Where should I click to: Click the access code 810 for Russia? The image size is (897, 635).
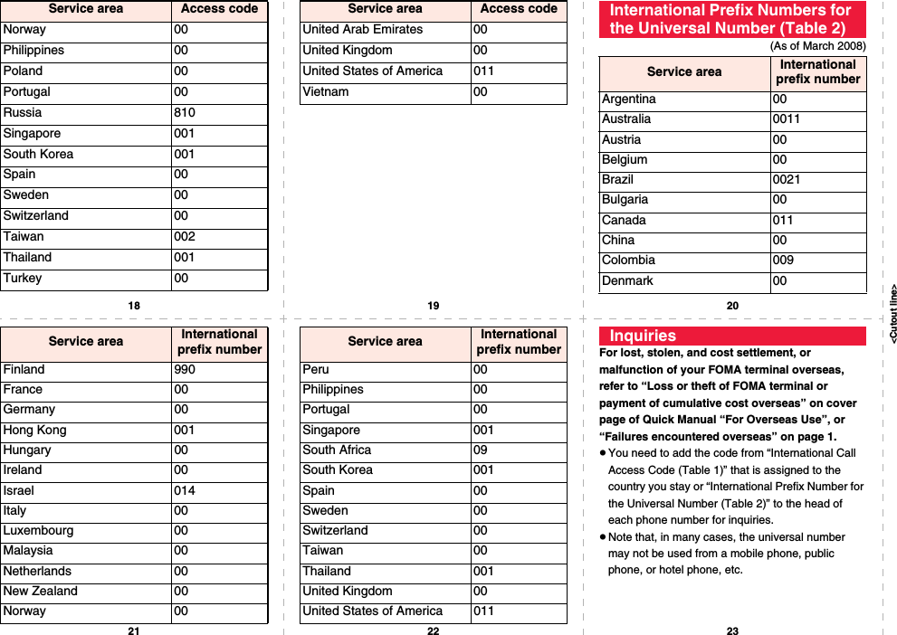185,113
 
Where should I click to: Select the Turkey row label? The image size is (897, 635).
23,279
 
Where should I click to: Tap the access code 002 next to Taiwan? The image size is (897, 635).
185,237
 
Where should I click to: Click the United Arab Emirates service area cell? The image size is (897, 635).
362,30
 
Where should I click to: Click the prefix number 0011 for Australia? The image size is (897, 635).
786,119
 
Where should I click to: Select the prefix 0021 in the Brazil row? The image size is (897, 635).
786,180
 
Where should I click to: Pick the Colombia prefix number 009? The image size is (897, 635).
783,261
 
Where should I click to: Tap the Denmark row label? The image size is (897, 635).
627,281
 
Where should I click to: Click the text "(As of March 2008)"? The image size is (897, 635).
817,46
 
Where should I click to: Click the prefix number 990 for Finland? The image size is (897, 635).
185,370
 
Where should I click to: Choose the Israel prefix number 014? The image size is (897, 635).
185,491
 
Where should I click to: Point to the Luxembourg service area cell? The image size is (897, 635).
38,531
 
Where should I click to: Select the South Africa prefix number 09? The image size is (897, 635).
480,450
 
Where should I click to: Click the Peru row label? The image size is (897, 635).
316,370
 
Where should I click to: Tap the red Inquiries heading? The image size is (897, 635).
643,336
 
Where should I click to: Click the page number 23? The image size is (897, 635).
732,630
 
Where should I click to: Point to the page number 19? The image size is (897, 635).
433,306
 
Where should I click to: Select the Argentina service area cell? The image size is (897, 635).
629,100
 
